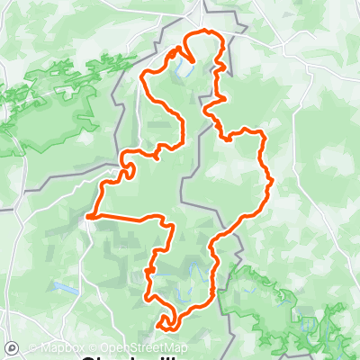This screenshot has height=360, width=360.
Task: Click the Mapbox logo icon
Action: point(13,347)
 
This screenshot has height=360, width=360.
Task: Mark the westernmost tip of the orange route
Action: point(89,215)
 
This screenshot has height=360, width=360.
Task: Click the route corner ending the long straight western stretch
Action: point(167,225)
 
